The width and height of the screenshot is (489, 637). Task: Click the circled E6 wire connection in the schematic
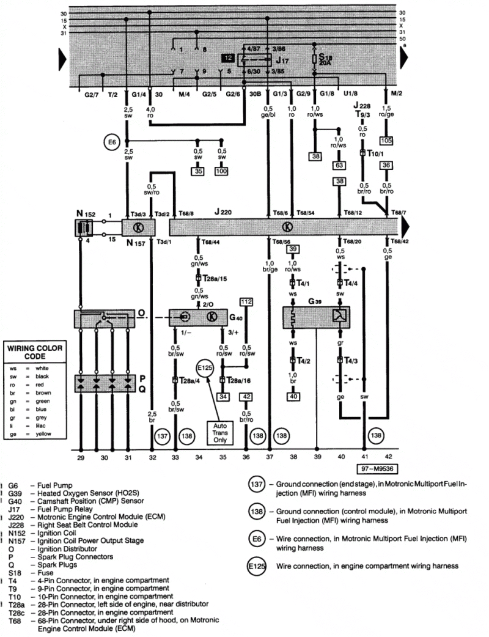(x=110, y=143)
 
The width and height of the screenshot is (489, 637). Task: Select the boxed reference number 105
(x=386, y=141)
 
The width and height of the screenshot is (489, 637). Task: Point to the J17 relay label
(x=282, y=61)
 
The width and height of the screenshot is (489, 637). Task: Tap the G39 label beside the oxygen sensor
(x=314, y=302)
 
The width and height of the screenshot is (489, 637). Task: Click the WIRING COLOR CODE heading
(x=34, y=352)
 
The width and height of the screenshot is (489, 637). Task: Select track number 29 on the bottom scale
(x=81, y=457)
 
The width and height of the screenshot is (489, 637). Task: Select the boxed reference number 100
(x=221, y=172)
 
